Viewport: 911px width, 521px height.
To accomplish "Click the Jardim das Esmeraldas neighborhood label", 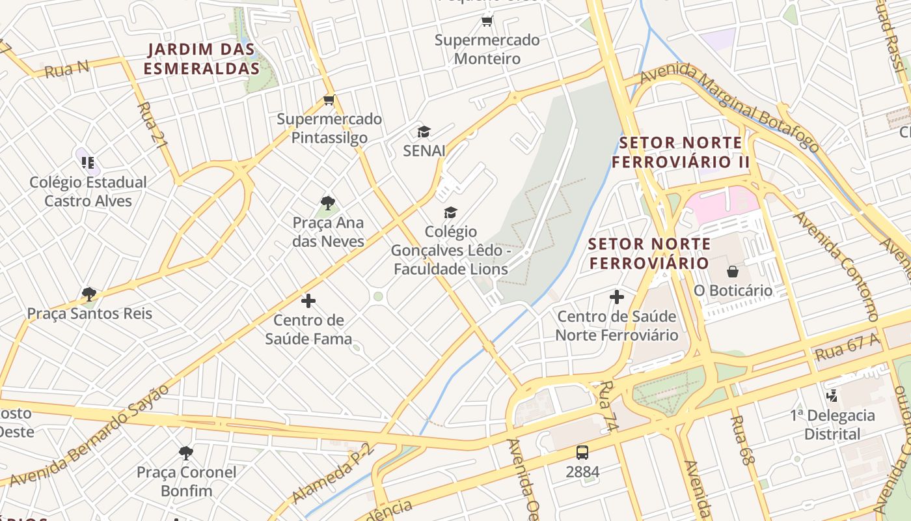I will point(201,59).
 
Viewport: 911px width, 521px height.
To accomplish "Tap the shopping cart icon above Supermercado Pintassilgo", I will point(329,100).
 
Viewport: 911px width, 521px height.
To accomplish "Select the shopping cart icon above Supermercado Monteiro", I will point(487,21).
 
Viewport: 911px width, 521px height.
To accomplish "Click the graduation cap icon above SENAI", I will point(424,132).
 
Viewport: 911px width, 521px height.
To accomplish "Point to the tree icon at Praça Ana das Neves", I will point(328,203).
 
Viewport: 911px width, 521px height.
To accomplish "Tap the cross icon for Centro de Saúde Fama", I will point(308,301).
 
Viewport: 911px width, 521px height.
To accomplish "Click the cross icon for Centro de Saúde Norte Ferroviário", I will point(617,298).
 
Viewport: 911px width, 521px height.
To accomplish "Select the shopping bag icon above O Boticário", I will point(733,272).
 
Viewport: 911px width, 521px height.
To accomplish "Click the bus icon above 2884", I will point(582,452).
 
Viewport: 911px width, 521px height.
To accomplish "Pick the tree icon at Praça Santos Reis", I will point(89,294).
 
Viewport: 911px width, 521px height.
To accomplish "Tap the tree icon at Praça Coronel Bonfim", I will point(186,453).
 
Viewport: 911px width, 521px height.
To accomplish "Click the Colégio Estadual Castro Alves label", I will point(88,191).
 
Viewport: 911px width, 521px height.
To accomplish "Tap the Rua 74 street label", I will point(607,406).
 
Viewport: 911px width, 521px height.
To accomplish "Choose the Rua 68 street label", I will point(742,440).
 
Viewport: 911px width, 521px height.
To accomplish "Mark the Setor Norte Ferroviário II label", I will point(680,152).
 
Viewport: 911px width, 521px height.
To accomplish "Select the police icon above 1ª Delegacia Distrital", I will point(832,395).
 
